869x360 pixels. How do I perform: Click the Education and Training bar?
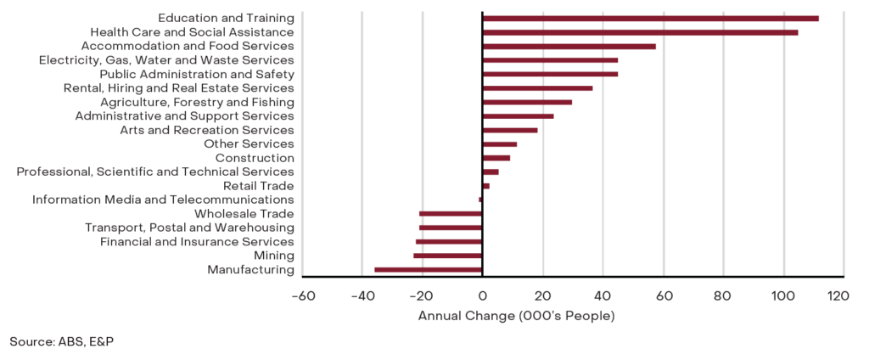tap(650, 18)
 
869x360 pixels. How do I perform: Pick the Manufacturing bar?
tap(428, 270)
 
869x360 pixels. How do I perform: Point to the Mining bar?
tap(447, 256)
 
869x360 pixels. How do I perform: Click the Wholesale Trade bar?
tap(451, 214)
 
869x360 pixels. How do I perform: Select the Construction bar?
tap(496, 158)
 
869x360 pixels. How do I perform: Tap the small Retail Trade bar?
tap(485, 186)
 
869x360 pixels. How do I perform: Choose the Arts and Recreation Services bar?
tap(509, 130)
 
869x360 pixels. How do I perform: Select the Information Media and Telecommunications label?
tap(163, 200)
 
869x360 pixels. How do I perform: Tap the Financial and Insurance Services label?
tap(197, 242)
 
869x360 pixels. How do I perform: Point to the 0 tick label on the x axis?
tap(482, 296)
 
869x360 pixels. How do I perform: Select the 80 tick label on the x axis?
tap(722, 296)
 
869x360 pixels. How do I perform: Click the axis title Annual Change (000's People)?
tap(516, 316)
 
